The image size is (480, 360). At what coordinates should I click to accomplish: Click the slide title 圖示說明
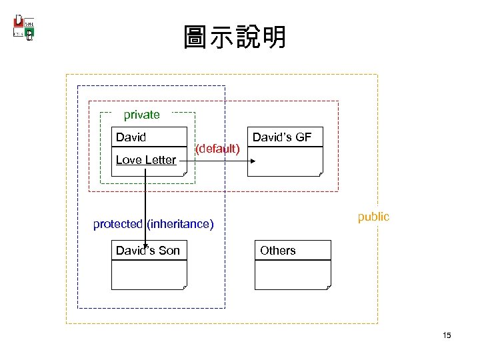pyautogui.click(x=235, y=38)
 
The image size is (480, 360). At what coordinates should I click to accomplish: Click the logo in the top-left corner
pyautogui.click(x=24, y=27)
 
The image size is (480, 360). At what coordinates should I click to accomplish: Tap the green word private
pyautogui.click(x=142, y=115)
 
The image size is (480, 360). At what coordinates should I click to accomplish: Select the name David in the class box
pyautogui.click(x=131, y=137)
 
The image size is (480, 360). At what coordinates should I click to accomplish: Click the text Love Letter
pyautogui.click(x=146, y=159)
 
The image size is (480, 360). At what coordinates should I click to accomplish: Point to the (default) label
pyautogui.click(x=217, y=148)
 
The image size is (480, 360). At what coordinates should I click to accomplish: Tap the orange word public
pyautogui.click(x=373, y=217)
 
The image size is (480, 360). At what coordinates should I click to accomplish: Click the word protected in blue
pyautogui.click(x=118, y=224)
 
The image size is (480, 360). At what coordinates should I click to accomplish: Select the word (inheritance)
pyautogui.click(x=180, y=224)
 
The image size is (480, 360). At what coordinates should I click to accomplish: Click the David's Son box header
pyautogui.click(x=147, y=251)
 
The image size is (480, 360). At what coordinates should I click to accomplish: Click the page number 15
pyautogui.click(x=446, y=335)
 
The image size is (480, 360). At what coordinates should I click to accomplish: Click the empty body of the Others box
pyautogui.click(x=292, y=274)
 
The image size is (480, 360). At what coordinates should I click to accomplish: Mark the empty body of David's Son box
pyautogui.click(x=149, y=274)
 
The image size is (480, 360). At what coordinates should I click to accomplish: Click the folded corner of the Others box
pyautogui.click(x=327, y=287)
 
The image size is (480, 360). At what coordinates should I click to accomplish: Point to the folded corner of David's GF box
pyautogui.click(x=320, y=173)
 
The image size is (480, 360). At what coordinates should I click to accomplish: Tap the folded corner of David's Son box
pyautogui.click(x=184, y=287)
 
